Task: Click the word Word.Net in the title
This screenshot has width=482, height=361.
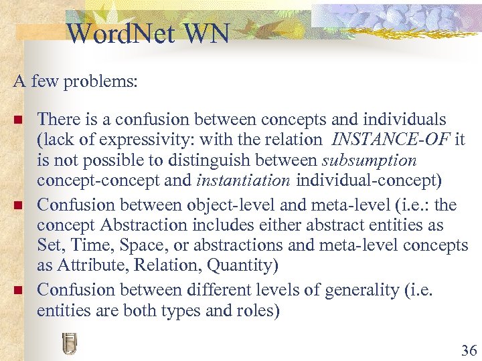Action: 114,33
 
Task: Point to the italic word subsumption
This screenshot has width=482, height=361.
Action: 369,160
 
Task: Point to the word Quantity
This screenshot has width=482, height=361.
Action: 241,266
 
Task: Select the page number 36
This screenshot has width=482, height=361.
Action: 469,350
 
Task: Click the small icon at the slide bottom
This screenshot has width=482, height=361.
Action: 68,343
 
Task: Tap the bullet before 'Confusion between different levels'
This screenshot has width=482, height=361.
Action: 18,291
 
